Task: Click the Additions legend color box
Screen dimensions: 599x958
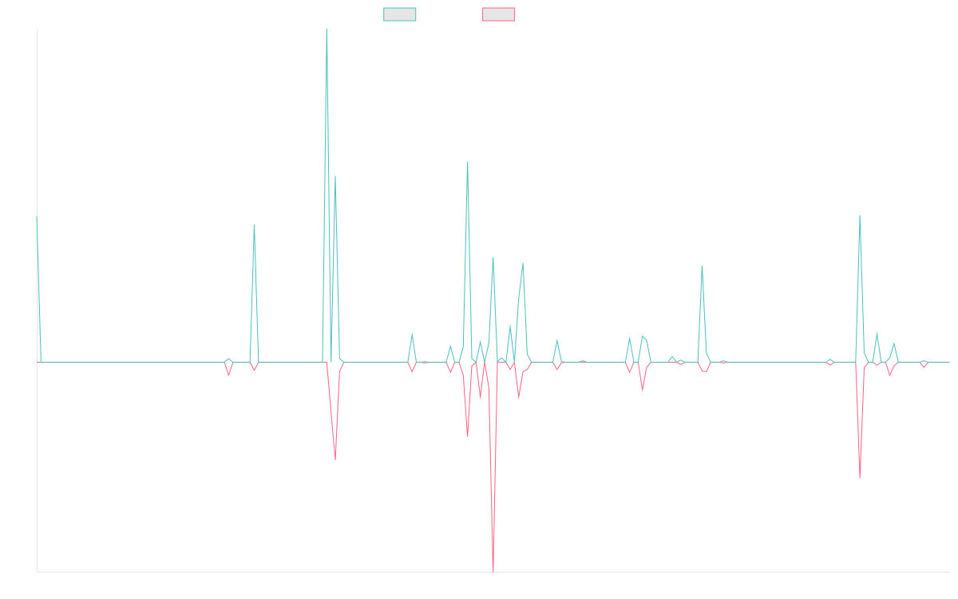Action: pos(400,14)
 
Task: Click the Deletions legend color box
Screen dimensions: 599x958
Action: pos(499,14)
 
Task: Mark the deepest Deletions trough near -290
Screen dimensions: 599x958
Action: pos(493,570)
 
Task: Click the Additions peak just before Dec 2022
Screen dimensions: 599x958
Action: pos(254,225)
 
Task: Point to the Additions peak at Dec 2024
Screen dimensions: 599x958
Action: pos(702,265)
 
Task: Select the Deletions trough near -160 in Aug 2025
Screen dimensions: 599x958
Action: pos(860,478)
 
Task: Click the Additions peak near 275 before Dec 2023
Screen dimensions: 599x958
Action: pos(468,162)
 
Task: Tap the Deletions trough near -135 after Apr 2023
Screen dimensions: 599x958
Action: pos(335,460)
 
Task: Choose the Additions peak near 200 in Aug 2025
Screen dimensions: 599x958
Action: pos(860,216)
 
